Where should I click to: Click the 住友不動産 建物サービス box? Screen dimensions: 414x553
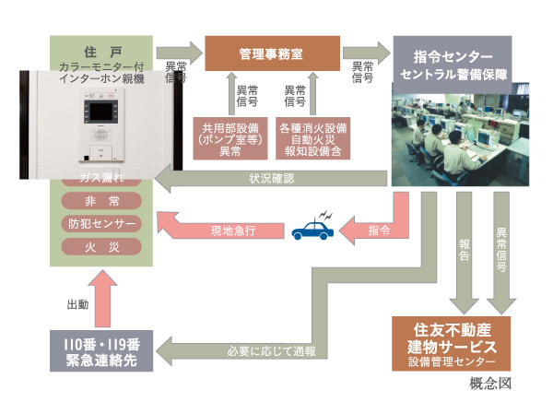[451, 342]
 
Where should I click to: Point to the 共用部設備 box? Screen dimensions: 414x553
[229, 136]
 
